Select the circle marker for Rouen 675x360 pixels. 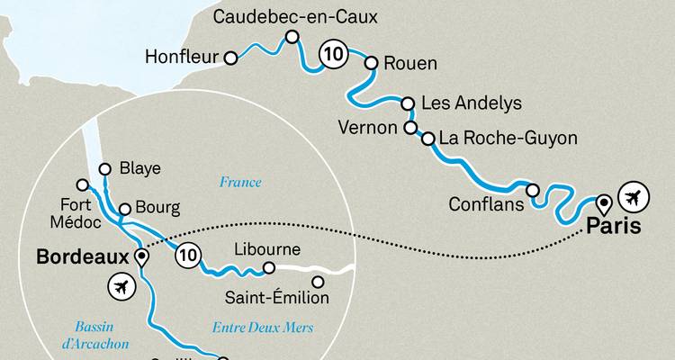[x=371, y=63]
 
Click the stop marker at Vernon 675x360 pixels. [x=410, y=128]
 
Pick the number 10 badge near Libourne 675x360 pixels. [x=187, y=252]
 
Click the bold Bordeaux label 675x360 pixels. [x=83, y=257]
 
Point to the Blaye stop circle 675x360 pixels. [x=104, y=168]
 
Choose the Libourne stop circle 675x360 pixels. [x=268, y=267]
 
